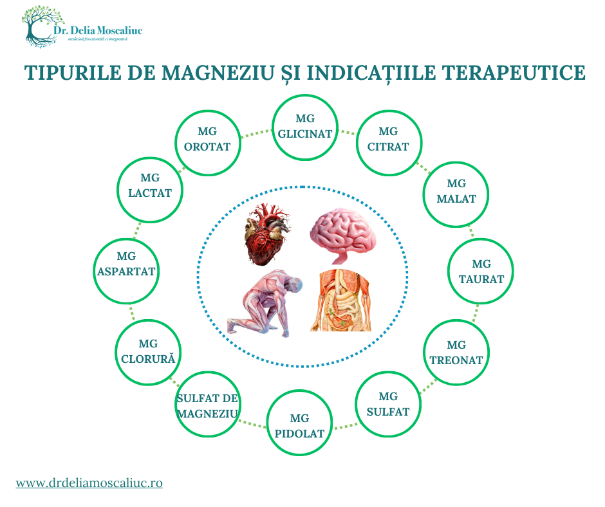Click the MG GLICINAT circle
(x=305, y=127)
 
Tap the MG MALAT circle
(x=456, y=192)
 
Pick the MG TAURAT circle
(x=481, y=271)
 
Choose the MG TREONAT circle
(x=456, y=353)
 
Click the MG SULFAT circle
(x=388, y=404)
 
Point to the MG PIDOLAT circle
(x=300, y=425)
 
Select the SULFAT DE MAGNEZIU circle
(x=207, y=406)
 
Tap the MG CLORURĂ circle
(x=148, y=352)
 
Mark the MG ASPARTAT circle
(x=126, y=271)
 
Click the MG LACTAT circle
(x=149, y=189)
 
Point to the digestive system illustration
(x=342, y=300)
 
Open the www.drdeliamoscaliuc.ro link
(x=89, y=482)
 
